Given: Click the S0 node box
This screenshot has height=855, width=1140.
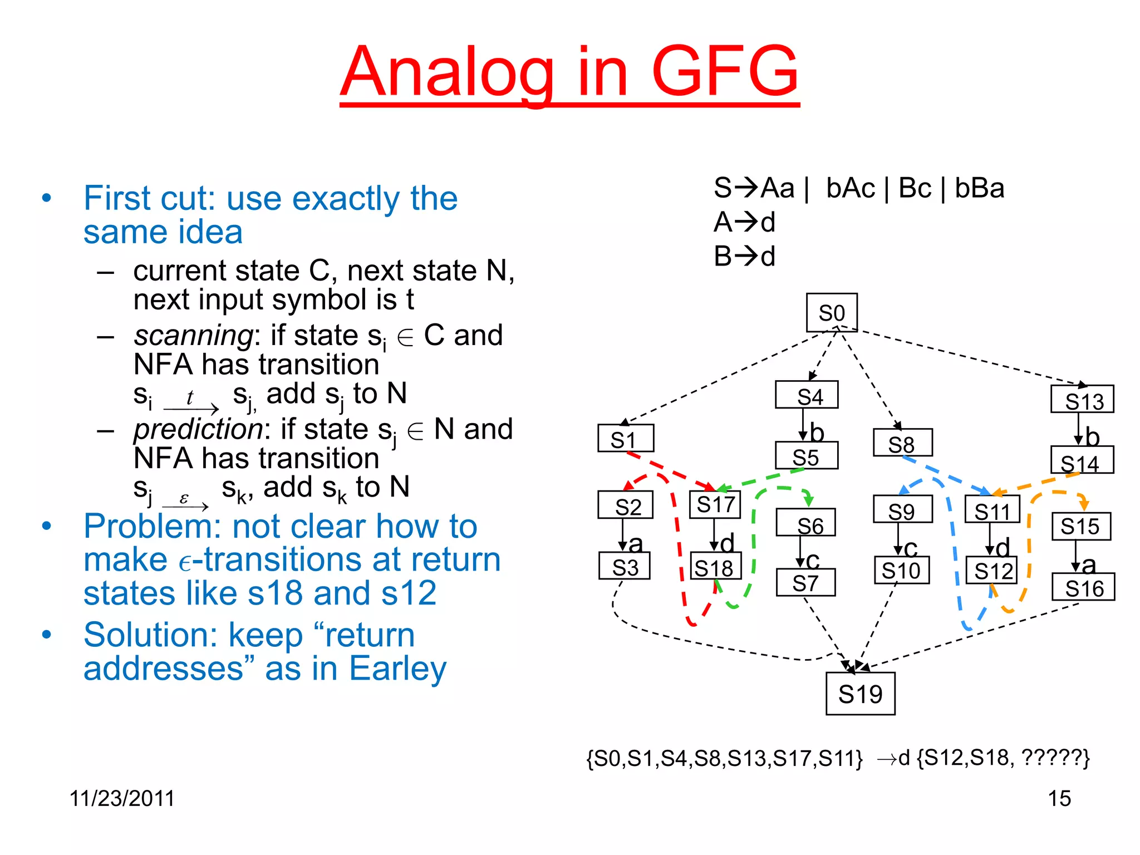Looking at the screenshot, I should click(x=832, y=313).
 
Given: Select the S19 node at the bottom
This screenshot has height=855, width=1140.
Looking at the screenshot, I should click(x=860, y=694).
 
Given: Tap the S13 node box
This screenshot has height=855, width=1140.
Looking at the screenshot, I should click(x=1082, y=399).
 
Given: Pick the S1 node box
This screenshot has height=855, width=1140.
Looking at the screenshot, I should click(x=625, y=439).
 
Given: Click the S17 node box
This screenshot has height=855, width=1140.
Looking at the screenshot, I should click(x=715, y=505).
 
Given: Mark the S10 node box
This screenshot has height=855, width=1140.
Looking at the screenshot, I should click(x=901, y=571).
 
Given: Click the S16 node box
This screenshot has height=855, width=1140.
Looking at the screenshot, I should click(x=1083, y=587).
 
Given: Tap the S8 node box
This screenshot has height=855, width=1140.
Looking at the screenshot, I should click(x=902, y=443).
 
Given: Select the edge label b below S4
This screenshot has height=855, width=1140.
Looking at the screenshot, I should click(x=817, y=433).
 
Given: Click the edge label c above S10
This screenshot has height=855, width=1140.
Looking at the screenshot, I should click(x=911, y=548).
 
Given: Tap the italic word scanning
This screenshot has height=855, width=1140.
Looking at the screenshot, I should click(x=193, y=336).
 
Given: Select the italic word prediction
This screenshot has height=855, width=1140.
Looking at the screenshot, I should click(x=198, y=429).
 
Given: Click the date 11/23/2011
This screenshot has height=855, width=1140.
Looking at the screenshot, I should click(x=122, y=798).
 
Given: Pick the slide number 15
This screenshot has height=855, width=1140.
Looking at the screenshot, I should click(x=1059, y=798).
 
